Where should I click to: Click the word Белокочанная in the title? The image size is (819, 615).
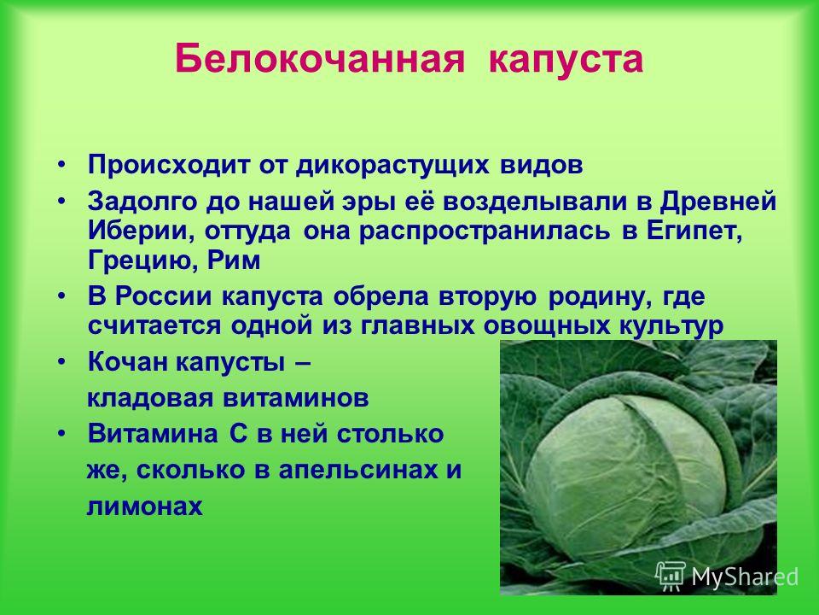tap(320, 59)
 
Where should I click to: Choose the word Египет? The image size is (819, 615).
tap(694, 232)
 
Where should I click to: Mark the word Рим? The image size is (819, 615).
tap(234, 260)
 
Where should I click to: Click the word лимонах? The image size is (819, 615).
tap(145, 507)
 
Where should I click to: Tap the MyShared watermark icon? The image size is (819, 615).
tap(671, 577)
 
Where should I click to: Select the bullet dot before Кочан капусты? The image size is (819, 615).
tap(62, 362)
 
